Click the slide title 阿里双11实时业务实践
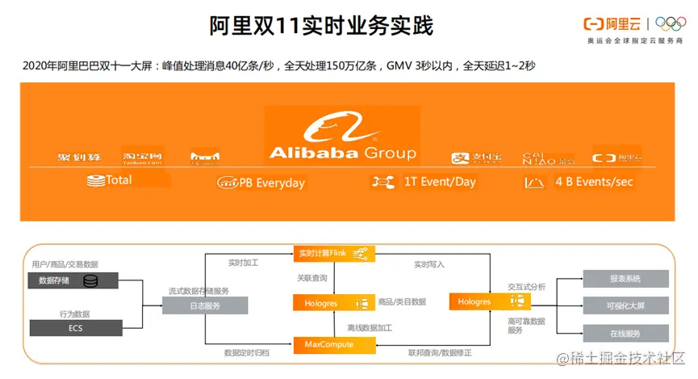point(321,26)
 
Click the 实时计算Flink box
point(334,254)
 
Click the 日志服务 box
point(205,306)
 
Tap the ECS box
point(74,328)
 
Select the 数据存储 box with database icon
point(74,281)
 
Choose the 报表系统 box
point(625,279)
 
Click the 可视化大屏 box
point(625,305)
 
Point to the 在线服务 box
point(625,334)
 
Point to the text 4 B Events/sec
point(594,182)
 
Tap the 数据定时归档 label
point(247,353)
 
